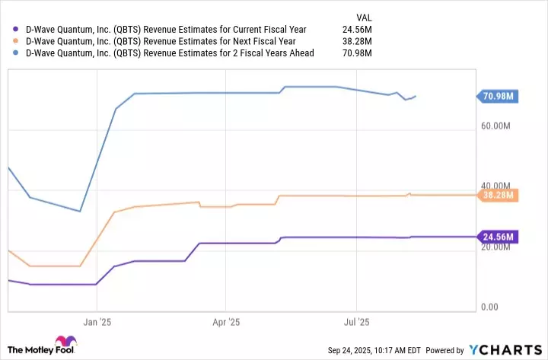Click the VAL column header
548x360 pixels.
[x=365, y=17]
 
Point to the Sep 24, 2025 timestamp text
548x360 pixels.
[x=374, y=351]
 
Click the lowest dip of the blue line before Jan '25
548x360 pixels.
[x=80, y=211]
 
